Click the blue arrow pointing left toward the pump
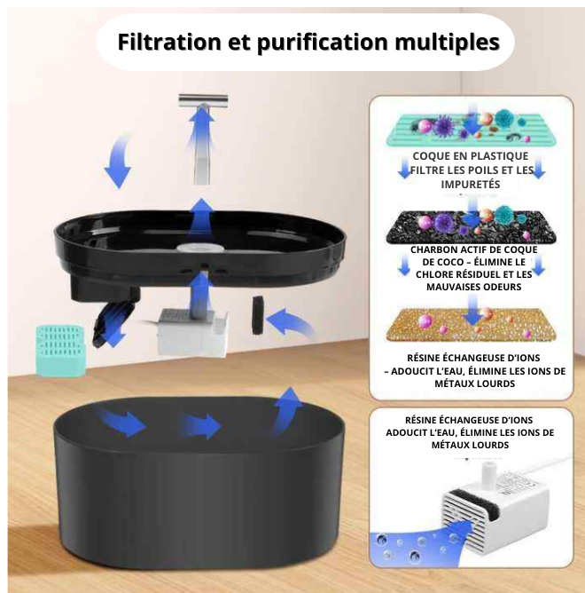[x=291, y=321]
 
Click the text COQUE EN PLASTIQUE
[x=471, y=156]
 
